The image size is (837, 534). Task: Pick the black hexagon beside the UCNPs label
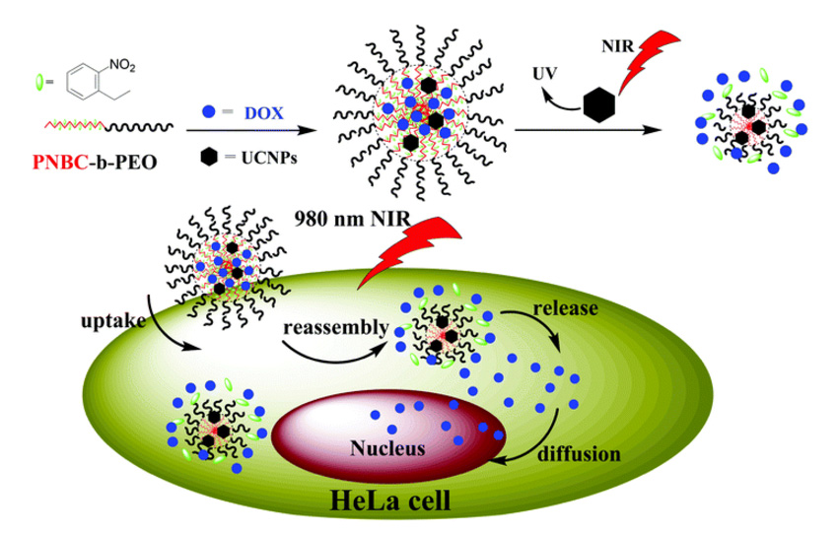pos(211,156)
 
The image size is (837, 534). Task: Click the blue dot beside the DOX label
pos(210,113)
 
